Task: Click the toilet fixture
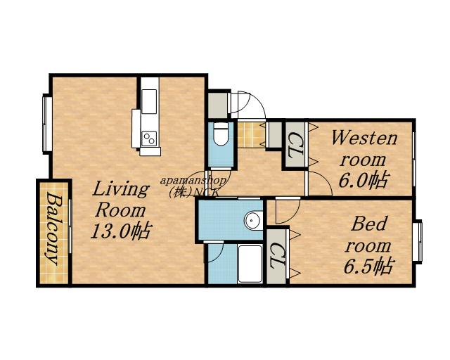[x=221, y=134]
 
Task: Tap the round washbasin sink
[x=253, y=221]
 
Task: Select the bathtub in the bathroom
[x=250, y=264]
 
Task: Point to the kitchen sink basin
[x=149, y=102]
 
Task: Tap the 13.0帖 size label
[x=120, y=231]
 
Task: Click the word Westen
[x=364, y=139]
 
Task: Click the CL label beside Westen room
[x=295, y=145]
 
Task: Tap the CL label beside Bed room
[x=277, y=256]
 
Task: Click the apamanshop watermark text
[x=193, y=181]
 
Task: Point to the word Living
[x=121, y=189]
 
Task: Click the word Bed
[x=369, y=224]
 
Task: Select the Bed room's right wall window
[x=418, y=241]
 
